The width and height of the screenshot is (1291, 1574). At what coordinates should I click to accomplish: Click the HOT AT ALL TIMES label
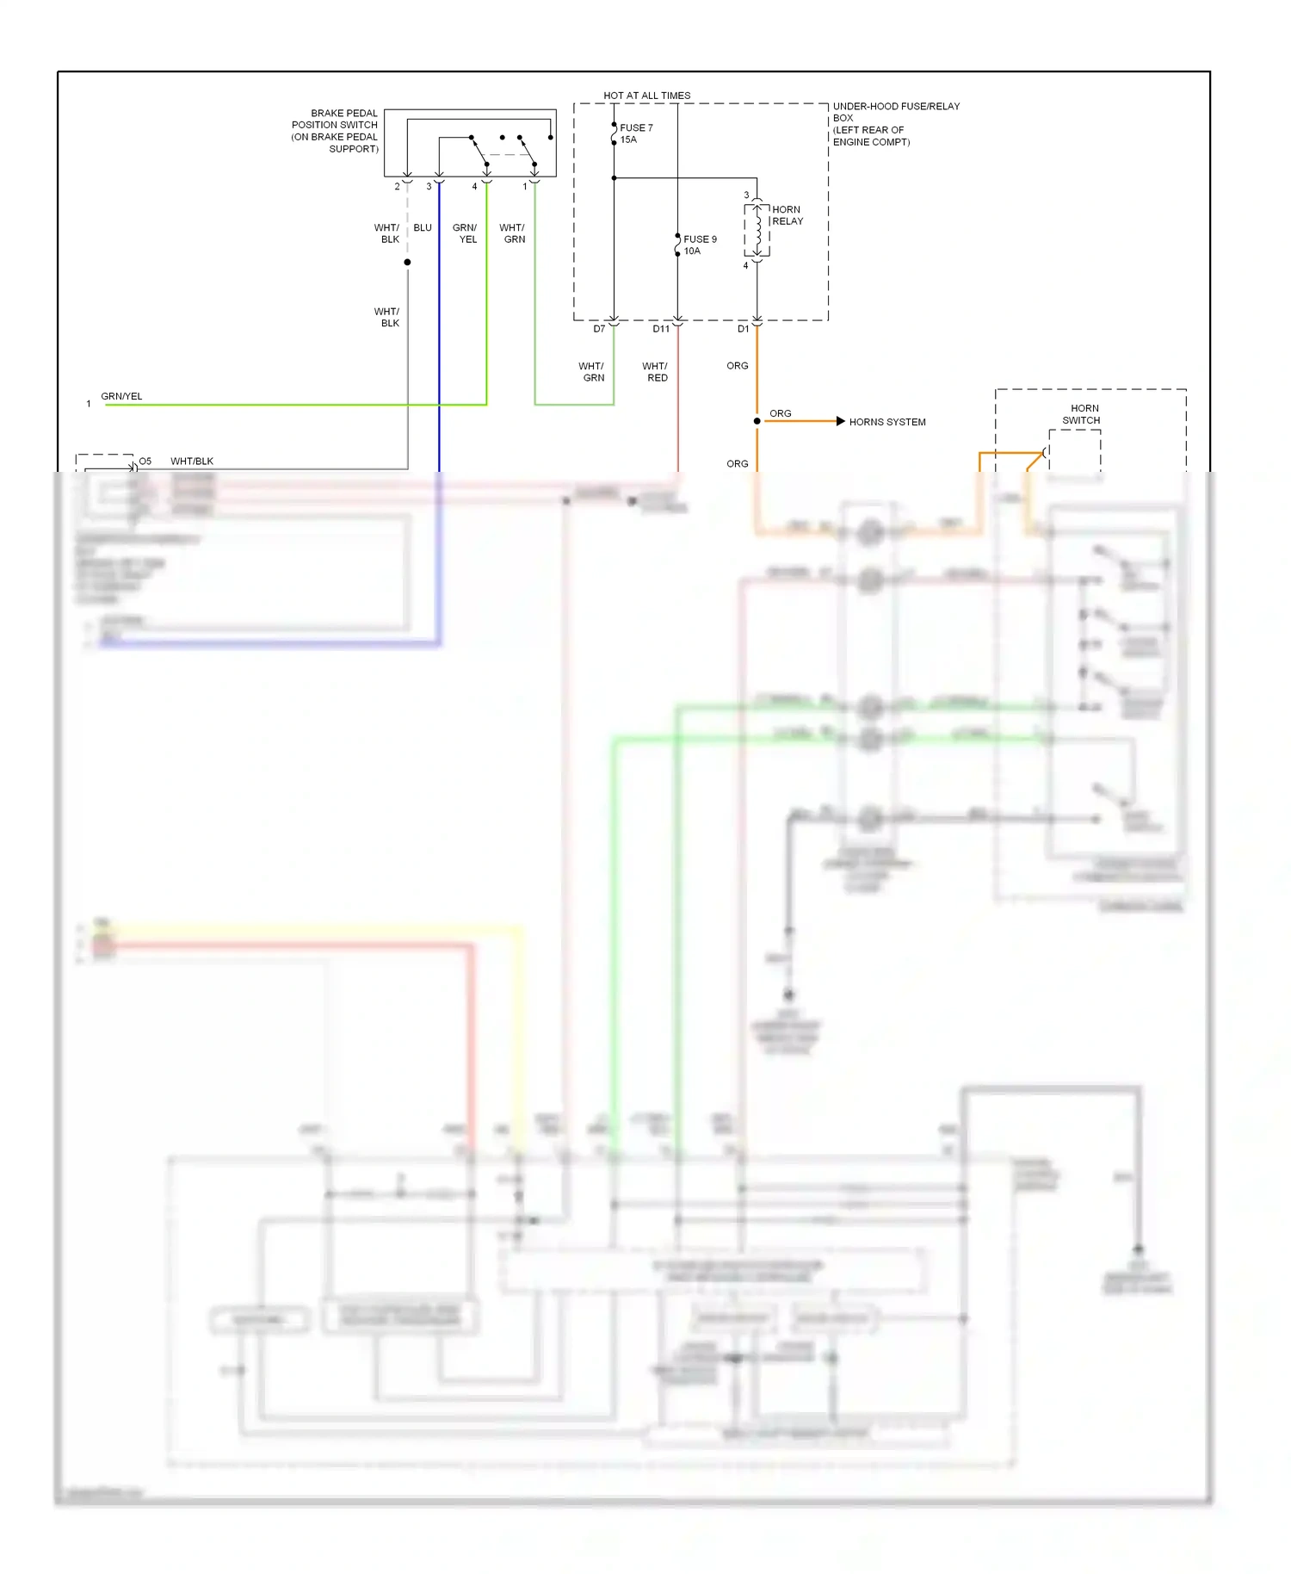click(646, 96)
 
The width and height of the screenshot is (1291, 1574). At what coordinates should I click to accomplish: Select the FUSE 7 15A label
click(635, 133)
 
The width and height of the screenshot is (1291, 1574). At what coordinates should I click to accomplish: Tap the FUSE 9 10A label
click(699, 245)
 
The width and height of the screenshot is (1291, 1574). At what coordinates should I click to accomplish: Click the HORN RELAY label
click(787, 215)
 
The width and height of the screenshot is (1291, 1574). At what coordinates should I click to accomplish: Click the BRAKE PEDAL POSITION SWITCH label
click(336, 131)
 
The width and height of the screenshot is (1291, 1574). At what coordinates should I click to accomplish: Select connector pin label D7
click(599, 329)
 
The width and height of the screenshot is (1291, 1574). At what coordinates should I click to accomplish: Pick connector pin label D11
click(660, 329)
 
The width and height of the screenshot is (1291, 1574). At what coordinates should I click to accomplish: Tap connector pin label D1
click(743, 329)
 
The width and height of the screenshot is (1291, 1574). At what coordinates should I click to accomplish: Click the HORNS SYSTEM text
click(886, 422)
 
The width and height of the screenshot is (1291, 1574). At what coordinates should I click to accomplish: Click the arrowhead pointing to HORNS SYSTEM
click(840, 421)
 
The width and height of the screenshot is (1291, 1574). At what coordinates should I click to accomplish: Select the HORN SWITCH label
click(1082, 414)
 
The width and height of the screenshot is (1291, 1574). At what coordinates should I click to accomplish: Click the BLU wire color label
click(422, 228)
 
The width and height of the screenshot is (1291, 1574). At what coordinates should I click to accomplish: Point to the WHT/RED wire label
click(655, 372)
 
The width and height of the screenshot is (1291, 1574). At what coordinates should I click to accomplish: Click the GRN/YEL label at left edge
click(121, 396)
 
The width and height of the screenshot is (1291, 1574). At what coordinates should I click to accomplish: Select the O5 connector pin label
click(145, 462)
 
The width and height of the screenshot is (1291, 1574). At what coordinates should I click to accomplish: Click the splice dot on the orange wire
click(757, 421)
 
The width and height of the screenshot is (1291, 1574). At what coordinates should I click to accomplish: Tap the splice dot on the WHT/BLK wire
click(407, 262)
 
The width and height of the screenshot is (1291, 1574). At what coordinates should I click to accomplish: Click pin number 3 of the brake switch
click(429, 186)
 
